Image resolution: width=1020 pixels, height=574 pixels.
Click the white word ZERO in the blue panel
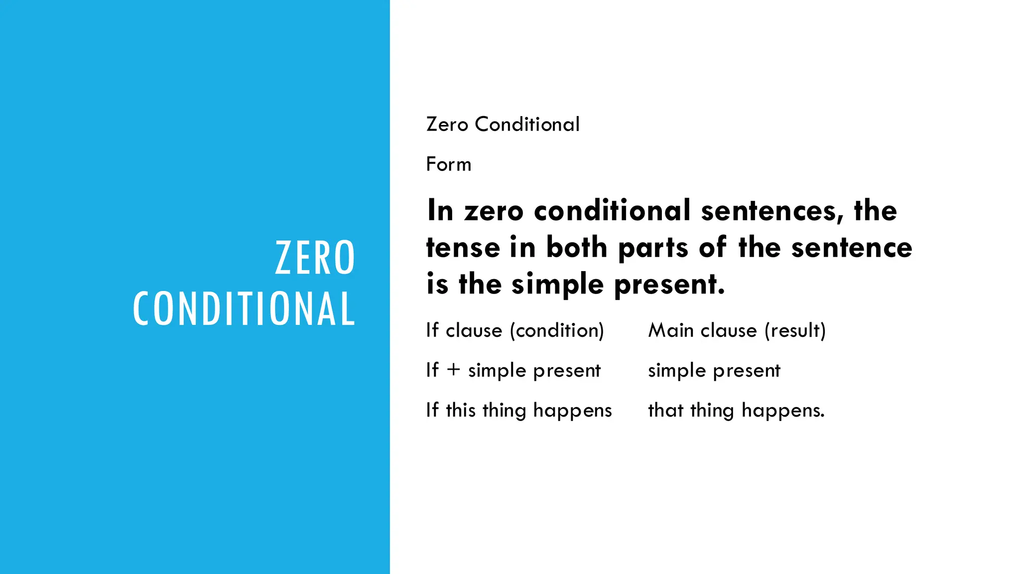point(315,258)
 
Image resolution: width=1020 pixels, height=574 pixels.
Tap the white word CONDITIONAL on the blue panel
point(244,309)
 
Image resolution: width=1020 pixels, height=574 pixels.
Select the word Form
point(448,164)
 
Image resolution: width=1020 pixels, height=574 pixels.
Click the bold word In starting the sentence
point(440,210)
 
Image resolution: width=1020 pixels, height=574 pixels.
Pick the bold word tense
point(463,248)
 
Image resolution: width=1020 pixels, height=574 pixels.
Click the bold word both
point(577,248)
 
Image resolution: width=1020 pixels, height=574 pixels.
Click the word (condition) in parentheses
point(557,330)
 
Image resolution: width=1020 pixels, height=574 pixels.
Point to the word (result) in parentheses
point(795,330)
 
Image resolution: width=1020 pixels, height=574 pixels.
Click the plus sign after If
point(453,370)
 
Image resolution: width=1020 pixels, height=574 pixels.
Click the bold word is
point(437,285)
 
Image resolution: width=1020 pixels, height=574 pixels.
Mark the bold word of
point(713,248)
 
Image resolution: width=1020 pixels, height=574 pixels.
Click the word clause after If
point(474,330)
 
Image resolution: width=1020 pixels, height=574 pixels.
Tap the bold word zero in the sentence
point(494,211)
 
